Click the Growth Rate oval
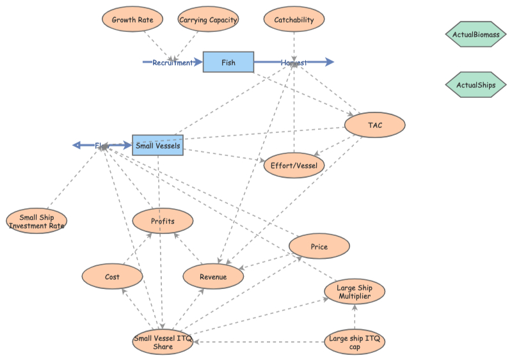click(132, 20)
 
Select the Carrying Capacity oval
click(208, 20)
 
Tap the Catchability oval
click(294, 20)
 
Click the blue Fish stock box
click(228, 62)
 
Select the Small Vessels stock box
click(157, 146)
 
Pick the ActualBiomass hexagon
click(476, 35)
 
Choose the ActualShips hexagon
click(476, 84)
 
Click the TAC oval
click(375, 125)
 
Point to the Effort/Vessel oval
click(294, 165)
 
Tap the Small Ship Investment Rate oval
click(36, 221)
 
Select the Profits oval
click(163, 221)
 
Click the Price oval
click(319, 246)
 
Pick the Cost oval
click(112, 277)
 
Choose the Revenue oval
click(213, 276)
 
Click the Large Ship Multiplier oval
click(354, 292)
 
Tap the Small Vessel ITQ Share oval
click(163, 342)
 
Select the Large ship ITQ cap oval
click(355, 342)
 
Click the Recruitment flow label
click(172, 63)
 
